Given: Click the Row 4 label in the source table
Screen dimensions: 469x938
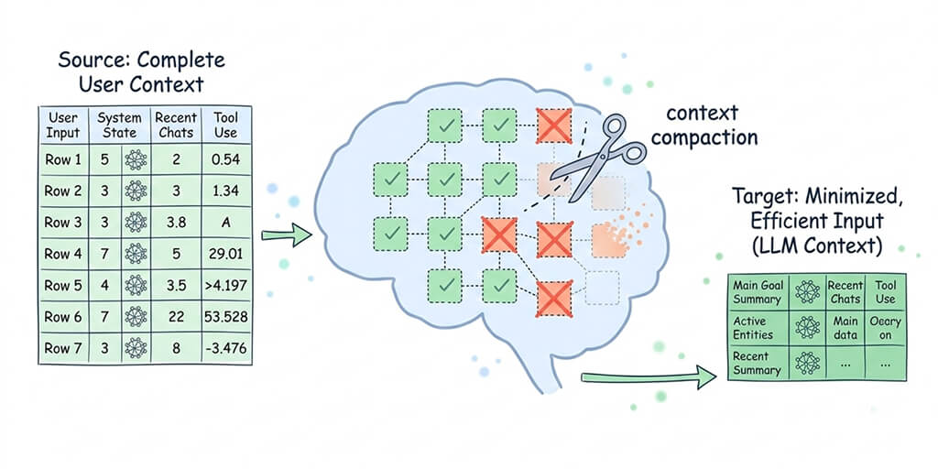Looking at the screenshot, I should (63, 254).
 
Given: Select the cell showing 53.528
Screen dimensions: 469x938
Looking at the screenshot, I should (225, 317).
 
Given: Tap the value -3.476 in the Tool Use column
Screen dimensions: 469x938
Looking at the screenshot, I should (225, 349).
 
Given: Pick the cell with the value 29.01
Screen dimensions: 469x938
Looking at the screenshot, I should (225, 254).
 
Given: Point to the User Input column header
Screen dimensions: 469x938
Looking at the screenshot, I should (63, 125).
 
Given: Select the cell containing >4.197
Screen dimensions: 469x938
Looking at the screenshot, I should (225, 286).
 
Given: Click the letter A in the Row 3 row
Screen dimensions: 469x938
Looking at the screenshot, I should (225, 222).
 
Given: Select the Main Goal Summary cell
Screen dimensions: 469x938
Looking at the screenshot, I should (757, 292).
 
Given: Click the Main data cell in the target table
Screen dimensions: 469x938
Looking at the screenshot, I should (845, 328).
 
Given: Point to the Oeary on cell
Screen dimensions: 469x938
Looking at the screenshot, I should (885, 328).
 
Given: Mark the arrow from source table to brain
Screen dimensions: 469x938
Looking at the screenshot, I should (286, 236).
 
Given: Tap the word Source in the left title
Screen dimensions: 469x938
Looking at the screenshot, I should (89, 61).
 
